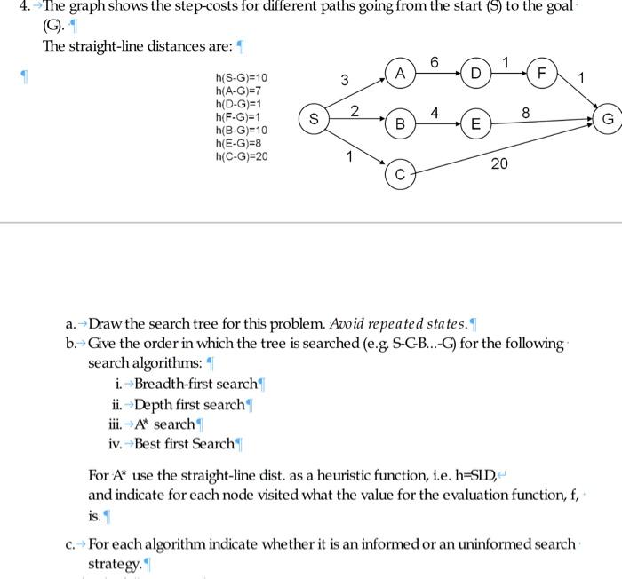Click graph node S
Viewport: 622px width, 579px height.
pyautogui.click(x=313, y=117)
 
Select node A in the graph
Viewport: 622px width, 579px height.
pyautogui.click(x=401, y=74)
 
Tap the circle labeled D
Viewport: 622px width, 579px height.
pyautogui.click(x=476, y=74)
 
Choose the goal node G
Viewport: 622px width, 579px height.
pyautogui.click(x=608, y=117)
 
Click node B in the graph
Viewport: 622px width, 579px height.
pyautogui.click(x=401, y=124)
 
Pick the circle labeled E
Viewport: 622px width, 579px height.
pyautogui.click(x=476, y=124)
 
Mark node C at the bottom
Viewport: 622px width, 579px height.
pyautogui.click(x=401, y=176)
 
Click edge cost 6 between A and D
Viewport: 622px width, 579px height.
pyautogui.click(x=434, y=61)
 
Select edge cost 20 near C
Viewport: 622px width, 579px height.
pyautogui.click(x=499, y=163)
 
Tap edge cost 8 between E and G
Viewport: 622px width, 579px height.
pyautogui.click(x=526, y=114)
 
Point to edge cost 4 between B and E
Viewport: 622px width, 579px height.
pyautogui.click(x=434, y=113)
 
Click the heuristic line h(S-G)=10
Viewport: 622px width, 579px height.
pyautogui.click(x=241, y=78)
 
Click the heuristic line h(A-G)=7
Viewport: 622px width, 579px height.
pyautogui.click(x=238, y=91)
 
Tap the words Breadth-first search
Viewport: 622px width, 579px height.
pyautogui.click(x=195, y=384)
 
